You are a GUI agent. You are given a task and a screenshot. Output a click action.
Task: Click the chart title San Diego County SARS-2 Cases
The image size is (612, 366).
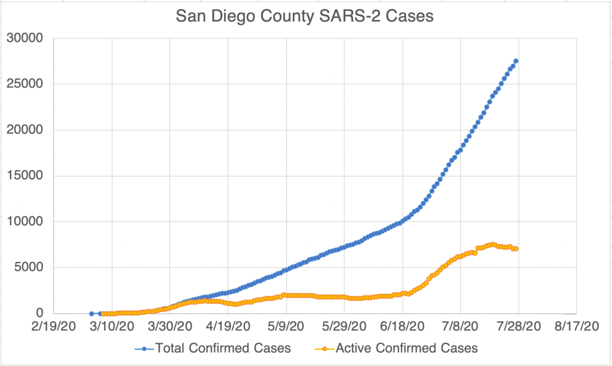tap(305, 17)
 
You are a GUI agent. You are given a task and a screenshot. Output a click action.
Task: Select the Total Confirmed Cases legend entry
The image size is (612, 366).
tap(222, 347)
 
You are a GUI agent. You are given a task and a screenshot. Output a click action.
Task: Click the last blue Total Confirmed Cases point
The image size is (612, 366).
tap(516, 61)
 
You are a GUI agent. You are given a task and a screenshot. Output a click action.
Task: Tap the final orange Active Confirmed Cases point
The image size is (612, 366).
tap(516, 249)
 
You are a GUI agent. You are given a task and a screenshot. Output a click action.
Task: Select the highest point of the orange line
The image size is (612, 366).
tap(492, 244)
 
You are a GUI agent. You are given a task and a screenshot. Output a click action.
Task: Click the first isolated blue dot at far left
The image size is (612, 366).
tap(91, 313)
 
